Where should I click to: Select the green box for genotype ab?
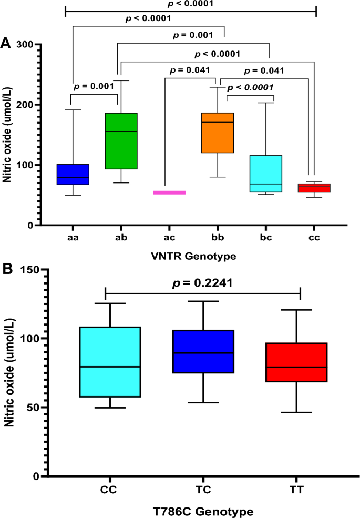[121, 141]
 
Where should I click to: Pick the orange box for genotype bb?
[218, 133]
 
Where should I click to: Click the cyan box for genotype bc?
[266, 174]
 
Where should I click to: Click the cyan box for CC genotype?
[110, 362]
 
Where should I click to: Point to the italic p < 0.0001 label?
[250, 87]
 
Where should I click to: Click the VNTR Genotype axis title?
[194, 257]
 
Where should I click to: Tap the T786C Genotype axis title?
[203, 509]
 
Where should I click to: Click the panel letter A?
[6, 43]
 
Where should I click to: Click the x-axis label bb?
[218, 238]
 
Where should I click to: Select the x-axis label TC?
[203, 490]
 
